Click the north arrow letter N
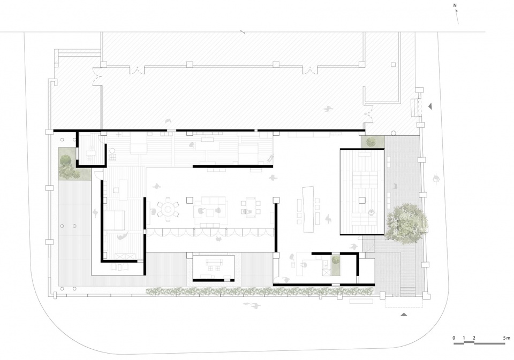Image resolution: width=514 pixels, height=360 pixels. tap(455, 6)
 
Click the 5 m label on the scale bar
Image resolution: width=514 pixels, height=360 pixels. tap(506, 338)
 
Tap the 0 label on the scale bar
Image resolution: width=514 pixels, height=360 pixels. tap(453, 338)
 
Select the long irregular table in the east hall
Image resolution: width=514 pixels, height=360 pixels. tap(309, 209)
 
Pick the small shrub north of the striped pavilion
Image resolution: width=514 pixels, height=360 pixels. tap(371, 142)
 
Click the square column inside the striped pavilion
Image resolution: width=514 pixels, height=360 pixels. tap(362, 200)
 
